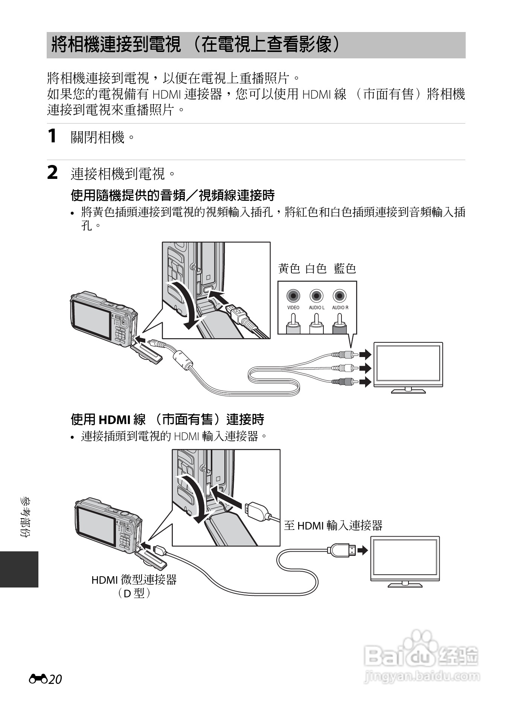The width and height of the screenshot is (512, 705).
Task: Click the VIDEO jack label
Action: [x=293, y=307]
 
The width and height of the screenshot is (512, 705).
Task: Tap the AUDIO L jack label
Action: [x=316, y=307]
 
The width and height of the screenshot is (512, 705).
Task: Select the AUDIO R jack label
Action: [x=340, y=307]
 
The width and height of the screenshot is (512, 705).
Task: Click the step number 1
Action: [x=53, y=136]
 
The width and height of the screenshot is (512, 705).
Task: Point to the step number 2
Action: [x=53, y=173]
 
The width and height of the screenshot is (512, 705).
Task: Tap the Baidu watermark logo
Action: [x=422, y=655]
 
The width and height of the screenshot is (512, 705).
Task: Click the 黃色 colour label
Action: [x=289, y=269]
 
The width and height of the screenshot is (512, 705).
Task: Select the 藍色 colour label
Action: [x=345, y=269]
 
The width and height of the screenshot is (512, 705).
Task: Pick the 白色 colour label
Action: [x=316, y=269]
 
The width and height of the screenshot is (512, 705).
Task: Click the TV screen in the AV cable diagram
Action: [x=408, y=364]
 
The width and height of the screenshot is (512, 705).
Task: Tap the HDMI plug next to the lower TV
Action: [x=342, y=551]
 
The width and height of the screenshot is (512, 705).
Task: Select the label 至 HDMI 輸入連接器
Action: [x=333, y=525]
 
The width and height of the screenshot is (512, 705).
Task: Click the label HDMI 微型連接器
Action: [x=134, y=580]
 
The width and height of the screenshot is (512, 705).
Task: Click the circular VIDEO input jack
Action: [x=293, y=296]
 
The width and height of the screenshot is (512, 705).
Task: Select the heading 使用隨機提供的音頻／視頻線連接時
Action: [x=173, y=195]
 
